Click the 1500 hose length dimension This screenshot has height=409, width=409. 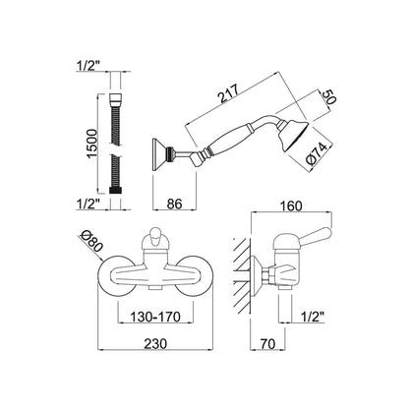point(92,144)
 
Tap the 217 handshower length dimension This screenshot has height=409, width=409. point(230,94)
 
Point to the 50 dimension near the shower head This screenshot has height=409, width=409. point(329,97)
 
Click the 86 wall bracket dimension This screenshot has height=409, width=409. point(174,204)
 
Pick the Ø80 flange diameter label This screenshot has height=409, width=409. point(91,242)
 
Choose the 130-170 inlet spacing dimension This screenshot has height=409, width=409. point(155,317)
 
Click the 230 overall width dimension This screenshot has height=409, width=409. point(155,344)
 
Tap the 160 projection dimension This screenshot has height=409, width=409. point(291,206)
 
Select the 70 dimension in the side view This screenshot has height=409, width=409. point(267,344)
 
